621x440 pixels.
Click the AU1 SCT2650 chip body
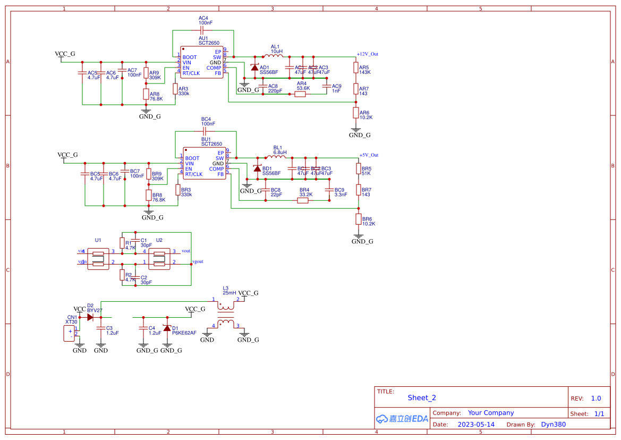(202, 63)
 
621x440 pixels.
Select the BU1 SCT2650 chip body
(205, 164)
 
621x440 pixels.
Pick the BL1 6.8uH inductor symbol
(277, 157)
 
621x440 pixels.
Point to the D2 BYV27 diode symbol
(90, 317)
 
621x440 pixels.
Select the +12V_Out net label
(367, 54)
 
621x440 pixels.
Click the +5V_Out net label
(369, 155)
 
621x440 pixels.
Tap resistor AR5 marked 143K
(356, 67)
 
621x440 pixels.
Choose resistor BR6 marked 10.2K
(359, 219)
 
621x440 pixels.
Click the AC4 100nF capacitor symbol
(203, 30)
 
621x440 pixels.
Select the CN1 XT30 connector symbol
(70, 334)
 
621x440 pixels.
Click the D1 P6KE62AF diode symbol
(167, 328)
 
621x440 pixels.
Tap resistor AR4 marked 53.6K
(300, 94)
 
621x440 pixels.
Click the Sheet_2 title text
(422, 397)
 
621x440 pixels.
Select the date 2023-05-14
(476, 425)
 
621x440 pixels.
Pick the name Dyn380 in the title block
(553, 425)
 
